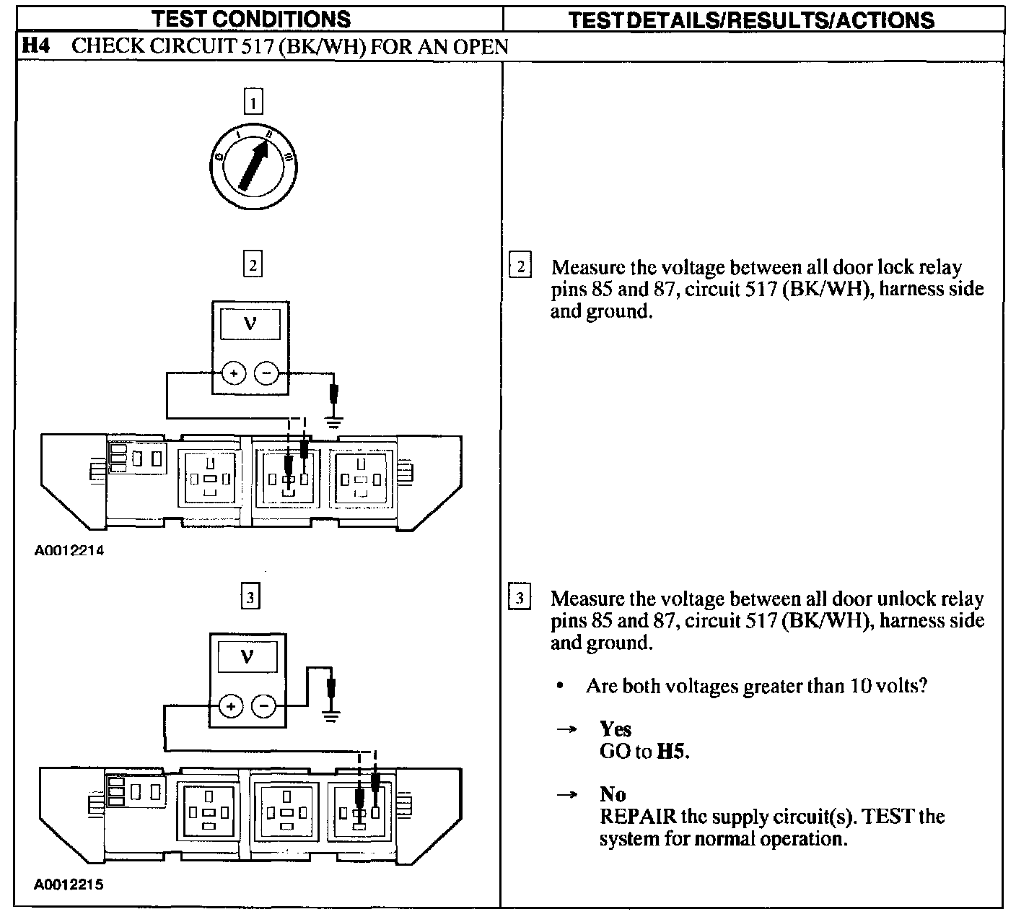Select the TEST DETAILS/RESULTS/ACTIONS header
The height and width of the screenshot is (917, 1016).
point(751,19)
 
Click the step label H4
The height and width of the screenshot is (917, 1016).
point(35,47)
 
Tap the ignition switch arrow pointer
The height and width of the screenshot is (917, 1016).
point(252,166)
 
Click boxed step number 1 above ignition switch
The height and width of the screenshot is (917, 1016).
point(253,102)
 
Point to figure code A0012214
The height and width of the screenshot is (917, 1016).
point(69,551)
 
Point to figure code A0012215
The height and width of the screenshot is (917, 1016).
point(69,884)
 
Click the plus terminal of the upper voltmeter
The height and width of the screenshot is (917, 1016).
point(232,373)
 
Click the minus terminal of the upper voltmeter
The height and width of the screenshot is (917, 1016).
point(266,373)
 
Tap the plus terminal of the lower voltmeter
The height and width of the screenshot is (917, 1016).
point(231,705)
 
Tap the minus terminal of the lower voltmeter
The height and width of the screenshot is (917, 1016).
point(264,705)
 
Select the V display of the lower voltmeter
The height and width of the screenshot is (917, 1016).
point(248,657)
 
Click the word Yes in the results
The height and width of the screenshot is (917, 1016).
point(615,729)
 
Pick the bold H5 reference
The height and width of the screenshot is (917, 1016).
point(670,752)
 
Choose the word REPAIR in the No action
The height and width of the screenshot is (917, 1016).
point(637,817)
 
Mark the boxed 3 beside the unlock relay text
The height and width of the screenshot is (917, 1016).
point(520,598)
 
